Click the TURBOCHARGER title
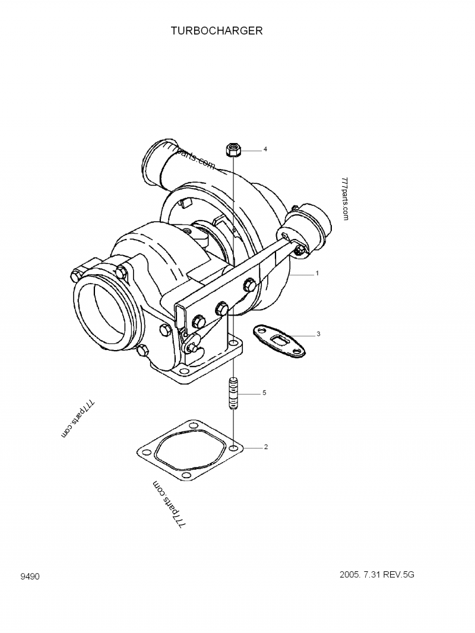[217, 31]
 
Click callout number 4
[265, 149]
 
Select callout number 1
[317, 273]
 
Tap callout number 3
[318, 334]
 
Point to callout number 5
[265, 392]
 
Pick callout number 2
[266, 447]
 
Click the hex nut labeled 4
[233, 149]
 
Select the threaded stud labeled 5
[233, 393]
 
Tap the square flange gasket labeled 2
[190, 450]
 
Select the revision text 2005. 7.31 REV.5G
[377, 575]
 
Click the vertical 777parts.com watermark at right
[345, 199]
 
